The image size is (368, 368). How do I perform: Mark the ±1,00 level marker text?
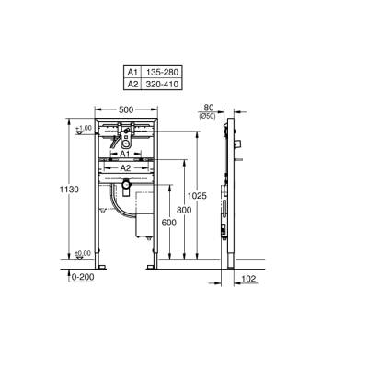point(83,128)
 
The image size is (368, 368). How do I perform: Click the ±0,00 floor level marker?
point(83,253)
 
